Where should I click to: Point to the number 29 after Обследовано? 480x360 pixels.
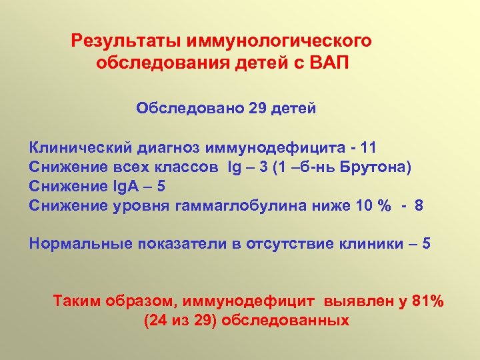click(x=257, y=108)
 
